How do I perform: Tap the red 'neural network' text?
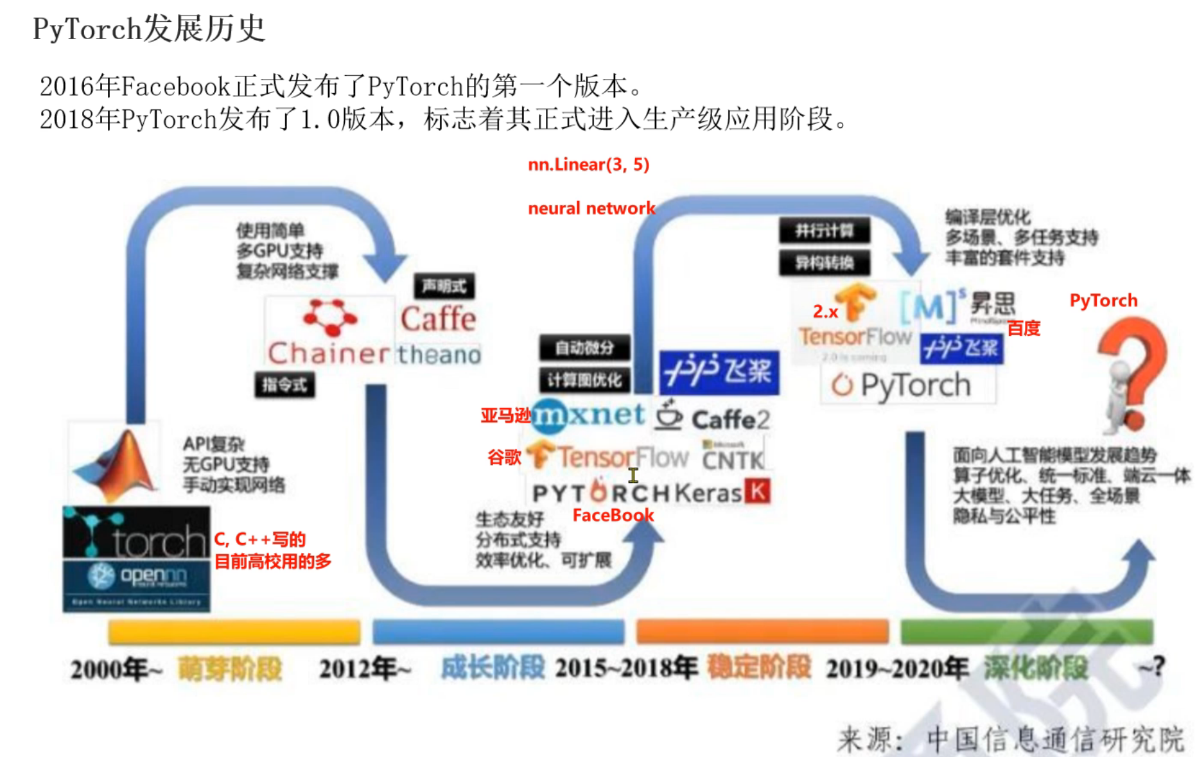coord(591,208)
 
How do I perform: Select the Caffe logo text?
coord(439,319)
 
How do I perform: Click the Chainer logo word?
coord(328,353)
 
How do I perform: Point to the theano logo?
coord(439,354)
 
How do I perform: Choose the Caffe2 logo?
coord(712,417)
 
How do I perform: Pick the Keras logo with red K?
coord(722,492)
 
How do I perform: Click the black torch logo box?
coord(136,532)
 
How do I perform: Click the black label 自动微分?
coord(584,348)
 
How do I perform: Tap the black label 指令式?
coord(284,385)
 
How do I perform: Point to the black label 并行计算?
coord(825,231)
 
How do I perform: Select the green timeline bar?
coord(1027,631)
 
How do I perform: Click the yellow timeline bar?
coord(234,632)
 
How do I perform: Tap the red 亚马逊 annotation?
coord(505,415)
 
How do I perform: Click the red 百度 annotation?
coord(1024,329)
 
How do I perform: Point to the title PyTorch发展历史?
coord(149,29)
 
